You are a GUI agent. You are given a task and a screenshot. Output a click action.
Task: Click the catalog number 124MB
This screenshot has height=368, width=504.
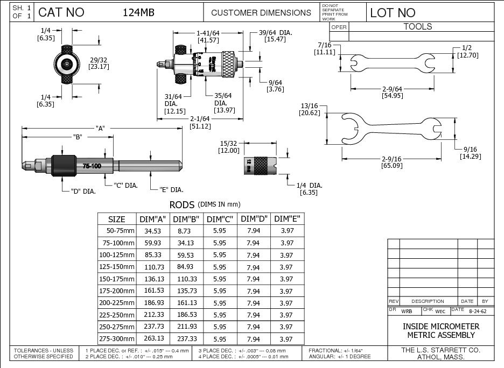pyautogui.click(x=138, y=12)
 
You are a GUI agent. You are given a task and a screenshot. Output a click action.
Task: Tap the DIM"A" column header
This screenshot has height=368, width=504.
pyautogui.click(x=153, y=219)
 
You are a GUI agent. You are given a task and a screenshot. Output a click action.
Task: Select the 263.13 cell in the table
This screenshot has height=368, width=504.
pyautogui.click(x=153, y=338)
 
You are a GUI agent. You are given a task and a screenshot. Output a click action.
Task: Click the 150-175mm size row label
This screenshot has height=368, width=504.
pyautogui.click(x=117, y=279)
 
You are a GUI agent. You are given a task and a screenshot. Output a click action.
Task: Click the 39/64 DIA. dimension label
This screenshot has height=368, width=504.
pyautogui.click(x=275, y=33)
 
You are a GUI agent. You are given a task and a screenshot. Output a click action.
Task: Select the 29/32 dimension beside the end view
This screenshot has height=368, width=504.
pyautogui.click(x=99, y=60)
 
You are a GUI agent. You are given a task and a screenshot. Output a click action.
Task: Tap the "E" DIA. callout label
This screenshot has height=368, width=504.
pyautogui.click(x=171, y=189)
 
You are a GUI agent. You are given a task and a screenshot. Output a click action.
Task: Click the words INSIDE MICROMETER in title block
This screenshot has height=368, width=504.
pyautogui.click(x=440, y=327)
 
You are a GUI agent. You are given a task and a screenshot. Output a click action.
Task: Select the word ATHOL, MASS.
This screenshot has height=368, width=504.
pyautogui.click(x=441, y=356)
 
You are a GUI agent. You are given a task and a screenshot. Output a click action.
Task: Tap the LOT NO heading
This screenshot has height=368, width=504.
pyautogui.click(x=393, y=12)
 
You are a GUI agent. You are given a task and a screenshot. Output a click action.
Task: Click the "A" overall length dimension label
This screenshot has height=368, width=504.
pyautogui.click(x=100, y=128)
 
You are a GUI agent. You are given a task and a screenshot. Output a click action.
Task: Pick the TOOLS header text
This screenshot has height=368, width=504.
pyautogui.click(x=418, y=26)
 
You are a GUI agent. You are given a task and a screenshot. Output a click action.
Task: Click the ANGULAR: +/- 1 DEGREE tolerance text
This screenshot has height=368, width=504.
pyautogui.click(x=340, y=356)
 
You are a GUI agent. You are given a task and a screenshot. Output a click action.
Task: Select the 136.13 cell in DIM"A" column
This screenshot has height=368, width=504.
pyautogui.click(x=153, y=279)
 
